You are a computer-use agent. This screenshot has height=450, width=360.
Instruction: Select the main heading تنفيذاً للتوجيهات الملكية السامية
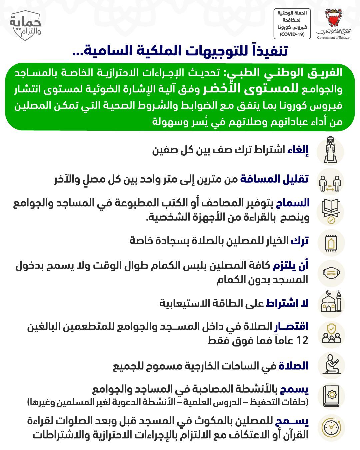(180, 51)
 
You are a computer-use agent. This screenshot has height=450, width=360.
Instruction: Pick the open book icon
(330, 211)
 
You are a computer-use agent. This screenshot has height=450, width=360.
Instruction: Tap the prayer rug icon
(330, 243)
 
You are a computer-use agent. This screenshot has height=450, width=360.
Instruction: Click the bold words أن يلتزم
(291, 266)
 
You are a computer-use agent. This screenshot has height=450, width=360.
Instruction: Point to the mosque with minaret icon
(330, 304)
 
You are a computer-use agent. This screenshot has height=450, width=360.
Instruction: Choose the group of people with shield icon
(330, 334)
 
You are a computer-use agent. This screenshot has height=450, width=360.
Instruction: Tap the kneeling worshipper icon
(330, 365)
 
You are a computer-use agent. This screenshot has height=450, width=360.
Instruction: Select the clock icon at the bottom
(330, 427)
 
